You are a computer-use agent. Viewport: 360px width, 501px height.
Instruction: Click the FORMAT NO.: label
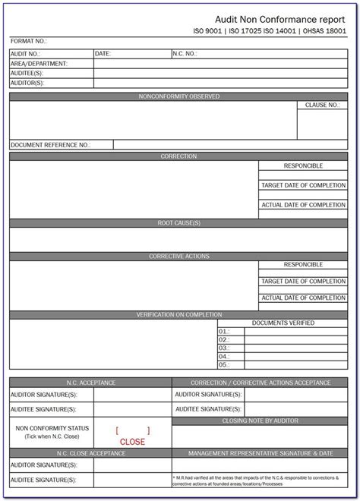pyautogui.click(x=29, y=41)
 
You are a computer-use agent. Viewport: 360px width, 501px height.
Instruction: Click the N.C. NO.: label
pyautogui.click(x=185, y=54)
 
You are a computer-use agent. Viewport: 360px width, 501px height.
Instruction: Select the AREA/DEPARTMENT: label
pyautogui.click(x=39, y=64)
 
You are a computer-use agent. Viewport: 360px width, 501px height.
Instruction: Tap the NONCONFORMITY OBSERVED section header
pyautogui.click(x=179, y=96)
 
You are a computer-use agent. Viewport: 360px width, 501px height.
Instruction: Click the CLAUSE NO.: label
pyautogui.click(x=322, y=106)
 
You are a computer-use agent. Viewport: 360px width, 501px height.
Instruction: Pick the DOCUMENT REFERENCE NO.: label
pyautogui.click(x=50, y=144)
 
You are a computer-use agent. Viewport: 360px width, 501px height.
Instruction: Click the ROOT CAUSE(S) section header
pyautogui.click(x=179, y=223)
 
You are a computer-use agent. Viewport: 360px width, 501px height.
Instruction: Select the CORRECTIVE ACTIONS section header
pyautogui.click(x=179, y=257)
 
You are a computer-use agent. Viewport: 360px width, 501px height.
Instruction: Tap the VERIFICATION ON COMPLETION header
pyautogui.click(x=179, y=314)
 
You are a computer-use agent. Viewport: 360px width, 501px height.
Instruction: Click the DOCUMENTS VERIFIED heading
pyautogui.click(x=283, y=323)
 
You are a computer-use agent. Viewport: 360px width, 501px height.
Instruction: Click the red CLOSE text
pyautogui.click(x=132, y=441)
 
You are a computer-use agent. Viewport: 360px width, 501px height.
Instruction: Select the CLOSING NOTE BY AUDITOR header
pyautogui.click(x=260, y=420)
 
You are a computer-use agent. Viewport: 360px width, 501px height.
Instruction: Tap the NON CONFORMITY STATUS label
pyautogui.click(x=52, y=428)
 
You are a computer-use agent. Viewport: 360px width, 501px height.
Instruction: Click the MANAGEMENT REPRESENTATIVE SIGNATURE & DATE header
pyautogui.click(x=260, y=452)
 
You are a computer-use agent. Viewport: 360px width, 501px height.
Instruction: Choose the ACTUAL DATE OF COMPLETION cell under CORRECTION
pyautogui.click(x=303, y=205)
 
